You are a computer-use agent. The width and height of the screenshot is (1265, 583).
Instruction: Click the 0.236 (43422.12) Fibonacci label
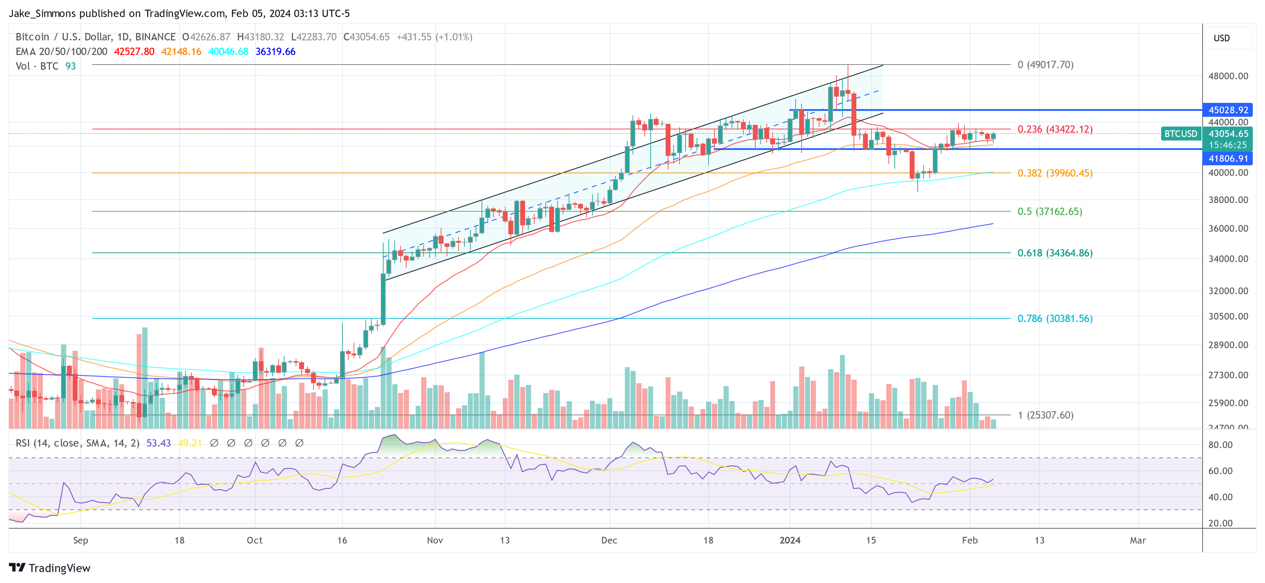coord(1055,129)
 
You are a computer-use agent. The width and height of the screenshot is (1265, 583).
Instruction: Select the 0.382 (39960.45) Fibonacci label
coord(1055,173)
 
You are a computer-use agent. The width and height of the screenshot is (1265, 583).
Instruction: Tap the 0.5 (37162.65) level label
coord(1050,211)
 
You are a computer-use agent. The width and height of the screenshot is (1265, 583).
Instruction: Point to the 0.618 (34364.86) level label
coord(1055,253)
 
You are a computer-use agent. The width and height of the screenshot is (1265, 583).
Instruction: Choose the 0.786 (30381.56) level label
coord(1055,318)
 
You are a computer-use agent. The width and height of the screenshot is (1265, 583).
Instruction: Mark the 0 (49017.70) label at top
coord(1045,65)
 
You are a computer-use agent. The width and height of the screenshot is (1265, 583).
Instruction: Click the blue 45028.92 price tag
coord(1228,110)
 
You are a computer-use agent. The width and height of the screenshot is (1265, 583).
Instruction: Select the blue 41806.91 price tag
coord(1228,159)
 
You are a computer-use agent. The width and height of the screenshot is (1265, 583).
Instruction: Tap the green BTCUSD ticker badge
coord(1181,134)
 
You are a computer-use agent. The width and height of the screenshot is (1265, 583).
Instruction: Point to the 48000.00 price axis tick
coord(1228,76)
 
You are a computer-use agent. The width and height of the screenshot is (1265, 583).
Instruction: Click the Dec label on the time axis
coord(609,540)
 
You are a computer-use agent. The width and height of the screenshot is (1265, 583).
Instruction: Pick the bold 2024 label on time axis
coord(790,540)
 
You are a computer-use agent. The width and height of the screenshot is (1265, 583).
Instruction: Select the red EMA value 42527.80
coord(134,52)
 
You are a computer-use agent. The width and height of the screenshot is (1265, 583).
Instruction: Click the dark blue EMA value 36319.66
coord(275,52)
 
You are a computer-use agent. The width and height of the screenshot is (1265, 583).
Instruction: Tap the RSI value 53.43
coord(159,443)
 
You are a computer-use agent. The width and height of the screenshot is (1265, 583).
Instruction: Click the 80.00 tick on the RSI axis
coord(1220,445)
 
